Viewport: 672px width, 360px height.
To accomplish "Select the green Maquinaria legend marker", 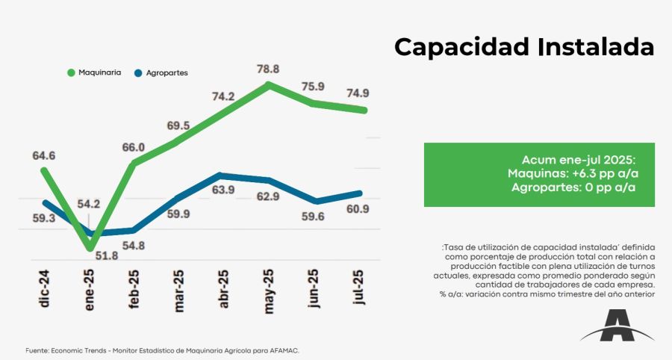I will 72,73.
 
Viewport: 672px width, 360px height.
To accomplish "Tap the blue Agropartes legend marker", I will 138,73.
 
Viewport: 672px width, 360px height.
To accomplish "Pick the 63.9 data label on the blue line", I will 223,190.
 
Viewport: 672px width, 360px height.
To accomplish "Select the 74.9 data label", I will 356,93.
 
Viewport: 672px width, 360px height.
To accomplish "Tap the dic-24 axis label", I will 45,288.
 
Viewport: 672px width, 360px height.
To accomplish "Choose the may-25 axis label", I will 268,288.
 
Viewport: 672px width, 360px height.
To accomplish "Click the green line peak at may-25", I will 268,84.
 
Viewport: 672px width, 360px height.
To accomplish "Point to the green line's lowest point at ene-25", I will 90,247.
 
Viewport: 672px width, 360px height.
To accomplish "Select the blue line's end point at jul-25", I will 361,193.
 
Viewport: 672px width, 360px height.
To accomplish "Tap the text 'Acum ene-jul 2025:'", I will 579,161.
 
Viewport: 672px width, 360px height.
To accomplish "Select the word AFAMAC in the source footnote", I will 287,350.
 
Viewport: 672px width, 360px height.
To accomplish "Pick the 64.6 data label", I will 43,156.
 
